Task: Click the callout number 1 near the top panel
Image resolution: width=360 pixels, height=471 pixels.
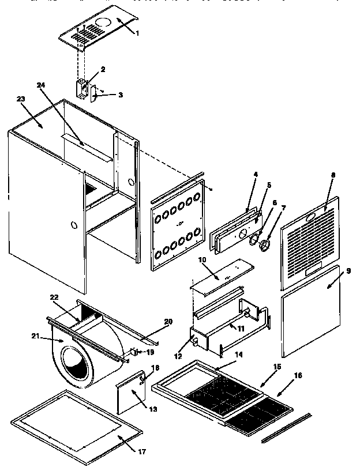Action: pyautogui.click(x=137, y=33)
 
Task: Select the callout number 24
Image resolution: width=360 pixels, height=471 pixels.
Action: pyautogui.click(x=40, y=85)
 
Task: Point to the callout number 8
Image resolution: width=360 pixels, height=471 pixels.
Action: pyautogui.click(x=332, y=175)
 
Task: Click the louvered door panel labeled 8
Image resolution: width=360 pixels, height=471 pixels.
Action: pyautogui.click(x=309, y=242)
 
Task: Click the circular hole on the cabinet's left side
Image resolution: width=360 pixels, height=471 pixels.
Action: pyautogui.click(x=73, y=223)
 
